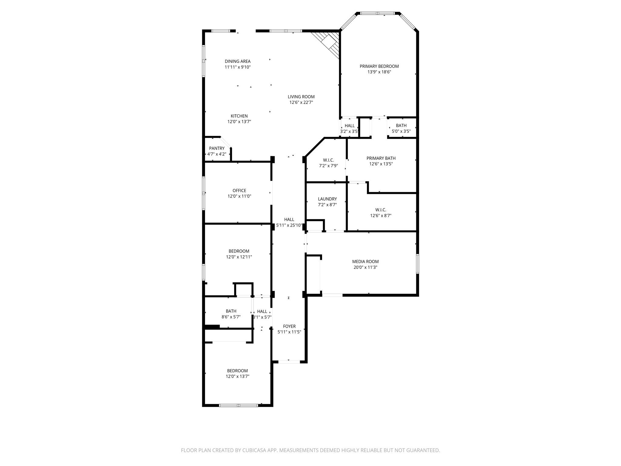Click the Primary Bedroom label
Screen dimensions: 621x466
[x=379, y=66]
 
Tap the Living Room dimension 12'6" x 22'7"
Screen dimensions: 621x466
[x=301, y=103]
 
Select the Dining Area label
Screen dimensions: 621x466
[x=238, y=62]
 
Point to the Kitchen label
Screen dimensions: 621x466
[x=239, y=116]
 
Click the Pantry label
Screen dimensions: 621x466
[x=217, y=148]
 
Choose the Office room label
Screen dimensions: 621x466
[x=239, y=191]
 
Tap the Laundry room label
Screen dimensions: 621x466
[x=327, y=199]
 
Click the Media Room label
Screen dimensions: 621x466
[x=365, y=262]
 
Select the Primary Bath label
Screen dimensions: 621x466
[x=381, y=158]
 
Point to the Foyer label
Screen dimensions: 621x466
[x=289, y=326]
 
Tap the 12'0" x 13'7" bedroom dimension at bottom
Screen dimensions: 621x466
[x=237, y=377]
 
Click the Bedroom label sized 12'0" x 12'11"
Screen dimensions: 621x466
[x=239, y=251]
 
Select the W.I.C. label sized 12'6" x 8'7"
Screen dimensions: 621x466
[x=381, y=210]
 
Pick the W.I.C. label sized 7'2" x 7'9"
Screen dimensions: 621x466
[x=328, y=160]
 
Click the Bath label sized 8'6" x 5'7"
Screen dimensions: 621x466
[x=231, y=311]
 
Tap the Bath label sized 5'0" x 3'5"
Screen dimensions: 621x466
[x=401, y=126]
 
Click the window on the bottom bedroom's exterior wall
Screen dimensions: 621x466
[x=239, y=405]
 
